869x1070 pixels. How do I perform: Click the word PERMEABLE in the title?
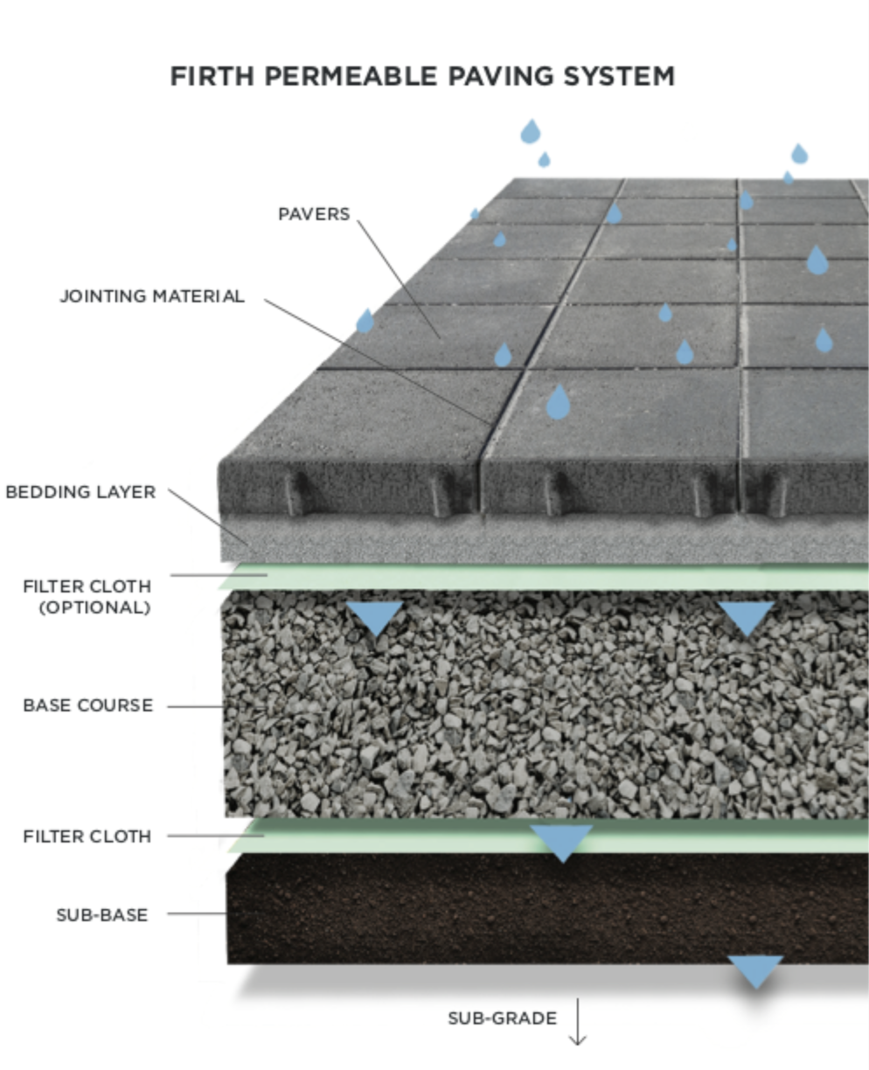351,76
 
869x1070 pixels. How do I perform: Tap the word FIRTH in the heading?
212,76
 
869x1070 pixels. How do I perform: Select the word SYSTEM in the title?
619,76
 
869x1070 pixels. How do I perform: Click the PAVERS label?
314,214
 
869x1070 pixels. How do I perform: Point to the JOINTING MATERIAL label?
152,295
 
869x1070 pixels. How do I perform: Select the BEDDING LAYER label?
81,492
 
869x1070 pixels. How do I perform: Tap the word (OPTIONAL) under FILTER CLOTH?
95,608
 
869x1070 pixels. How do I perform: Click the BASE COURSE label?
88,705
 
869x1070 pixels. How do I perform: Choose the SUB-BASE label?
102,915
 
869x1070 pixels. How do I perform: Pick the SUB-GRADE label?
503,1018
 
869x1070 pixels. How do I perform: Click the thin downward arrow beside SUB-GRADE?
578,1021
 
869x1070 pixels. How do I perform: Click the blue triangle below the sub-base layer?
755,971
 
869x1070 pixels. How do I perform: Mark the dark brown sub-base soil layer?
547,908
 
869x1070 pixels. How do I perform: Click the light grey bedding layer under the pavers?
545,538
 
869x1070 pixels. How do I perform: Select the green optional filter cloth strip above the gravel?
544,577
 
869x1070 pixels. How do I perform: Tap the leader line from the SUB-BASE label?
197,914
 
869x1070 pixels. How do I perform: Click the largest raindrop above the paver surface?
558,402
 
